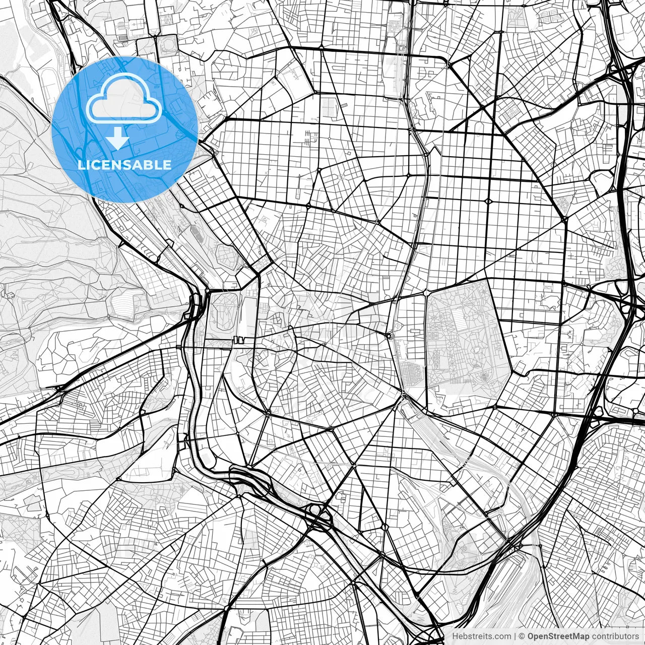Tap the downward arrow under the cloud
click(117, 139)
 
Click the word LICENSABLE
click(124, 165)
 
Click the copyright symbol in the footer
click(522, 636)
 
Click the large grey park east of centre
click(466, 343)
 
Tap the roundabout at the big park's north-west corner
click(426, 292)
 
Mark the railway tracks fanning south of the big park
click(443, 443)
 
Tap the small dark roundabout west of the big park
click(389, 335)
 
